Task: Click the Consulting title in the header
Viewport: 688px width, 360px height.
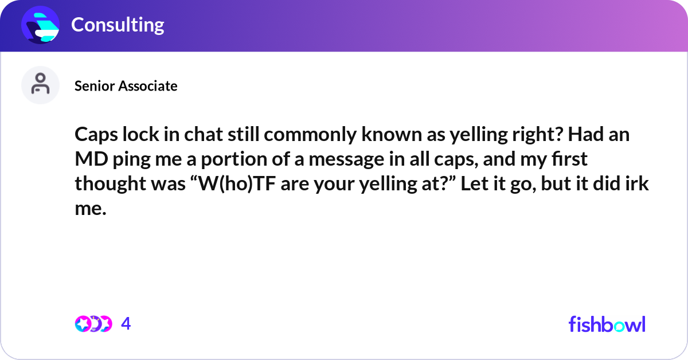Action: [118, 25]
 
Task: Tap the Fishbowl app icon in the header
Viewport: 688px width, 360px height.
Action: [41, 25]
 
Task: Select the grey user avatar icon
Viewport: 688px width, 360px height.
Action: [40, 85]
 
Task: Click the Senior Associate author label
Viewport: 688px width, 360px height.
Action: [126, 86]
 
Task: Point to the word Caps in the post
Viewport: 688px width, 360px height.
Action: [93, 136]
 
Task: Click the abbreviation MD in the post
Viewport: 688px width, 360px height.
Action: [87, 161]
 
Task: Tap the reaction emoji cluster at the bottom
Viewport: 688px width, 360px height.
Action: [93, 324]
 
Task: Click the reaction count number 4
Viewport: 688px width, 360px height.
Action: [126, 324]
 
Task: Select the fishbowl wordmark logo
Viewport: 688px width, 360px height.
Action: [607, 324]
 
